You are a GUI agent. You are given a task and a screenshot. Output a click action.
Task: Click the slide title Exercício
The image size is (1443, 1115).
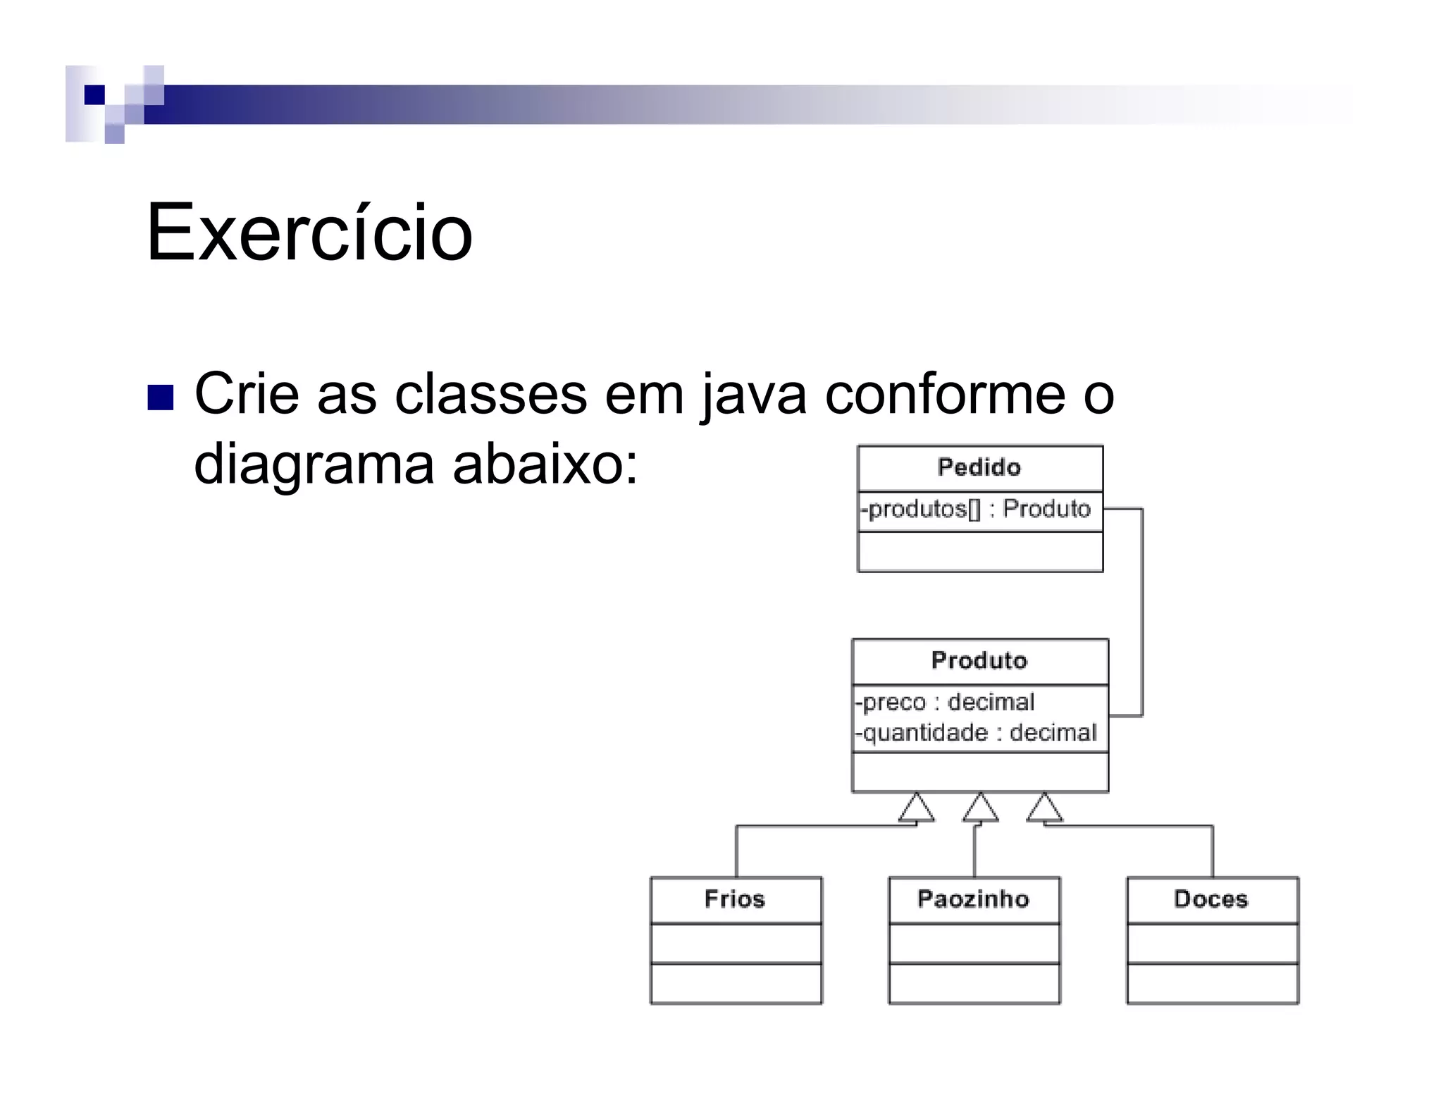tap(309, 233)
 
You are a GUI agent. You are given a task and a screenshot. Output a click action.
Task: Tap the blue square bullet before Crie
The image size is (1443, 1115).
tap(161, 398)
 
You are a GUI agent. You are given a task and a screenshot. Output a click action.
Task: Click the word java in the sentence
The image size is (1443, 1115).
tap(754, 395)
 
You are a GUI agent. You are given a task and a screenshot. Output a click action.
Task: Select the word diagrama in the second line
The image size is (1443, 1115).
tap(314, 465)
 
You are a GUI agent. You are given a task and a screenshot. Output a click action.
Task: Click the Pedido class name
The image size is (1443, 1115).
tap(979, 467)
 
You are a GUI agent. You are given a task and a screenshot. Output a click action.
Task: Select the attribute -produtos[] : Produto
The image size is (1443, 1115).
tap(977, 509)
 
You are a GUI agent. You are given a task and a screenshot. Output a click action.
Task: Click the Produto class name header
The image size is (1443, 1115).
tap(979, 660)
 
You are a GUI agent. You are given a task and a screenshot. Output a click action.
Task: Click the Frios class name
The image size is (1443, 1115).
tap(734, 899)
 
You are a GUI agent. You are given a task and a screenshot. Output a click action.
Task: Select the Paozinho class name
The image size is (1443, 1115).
tap(973, 899)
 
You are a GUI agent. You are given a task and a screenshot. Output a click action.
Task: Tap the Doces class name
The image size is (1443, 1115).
tap(1210, 899)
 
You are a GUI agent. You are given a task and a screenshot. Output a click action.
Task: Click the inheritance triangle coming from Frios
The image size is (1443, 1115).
tap(916, 808)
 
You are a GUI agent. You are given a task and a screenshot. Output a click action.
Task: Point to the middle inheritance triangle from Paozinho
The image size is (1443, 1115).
tap(980, 808)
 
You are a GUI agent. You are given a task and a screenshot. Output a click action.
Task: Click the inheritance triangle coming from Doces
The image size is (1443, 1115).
tap(1044, 808)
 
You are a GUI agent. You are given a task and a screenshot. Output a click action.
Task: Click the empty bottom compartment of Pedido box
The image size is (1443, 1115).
tap(979, 552)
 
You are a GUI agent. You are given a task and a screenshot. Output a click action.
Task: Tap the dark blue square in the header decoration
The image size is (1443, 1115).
tap(94, 94)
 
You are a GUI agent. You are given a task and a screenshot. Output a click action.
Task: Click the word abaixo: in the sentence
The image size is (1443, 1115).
tap(545, 465)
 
